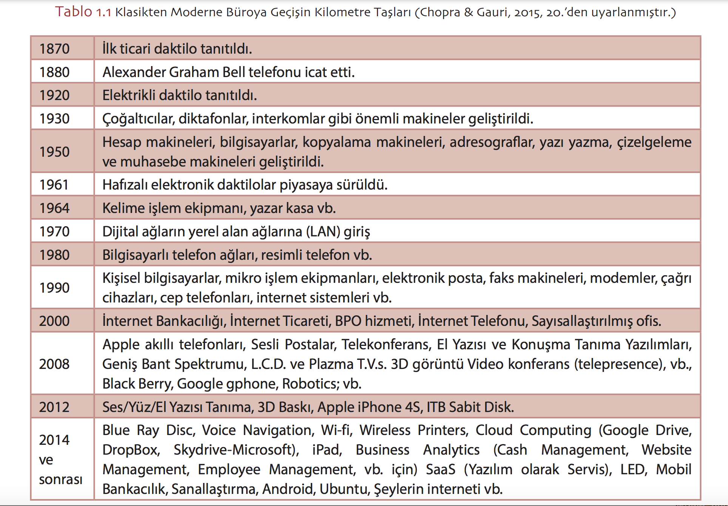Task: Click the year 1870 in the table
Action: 54,49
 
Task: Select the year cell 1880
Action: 54,72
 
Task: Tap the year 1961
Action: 54,185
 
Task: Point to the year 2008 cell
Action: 54,364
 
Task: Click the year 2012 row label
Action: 54,407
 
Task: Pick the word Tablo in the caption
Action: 74,12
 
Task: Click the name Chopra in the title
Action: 440,12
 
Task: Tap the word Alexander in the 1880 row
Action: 134,72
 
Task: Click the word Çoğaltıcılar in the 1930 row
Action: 138,119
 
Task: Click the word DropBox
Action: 131,450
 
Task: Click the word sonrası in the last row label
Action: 60,479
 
